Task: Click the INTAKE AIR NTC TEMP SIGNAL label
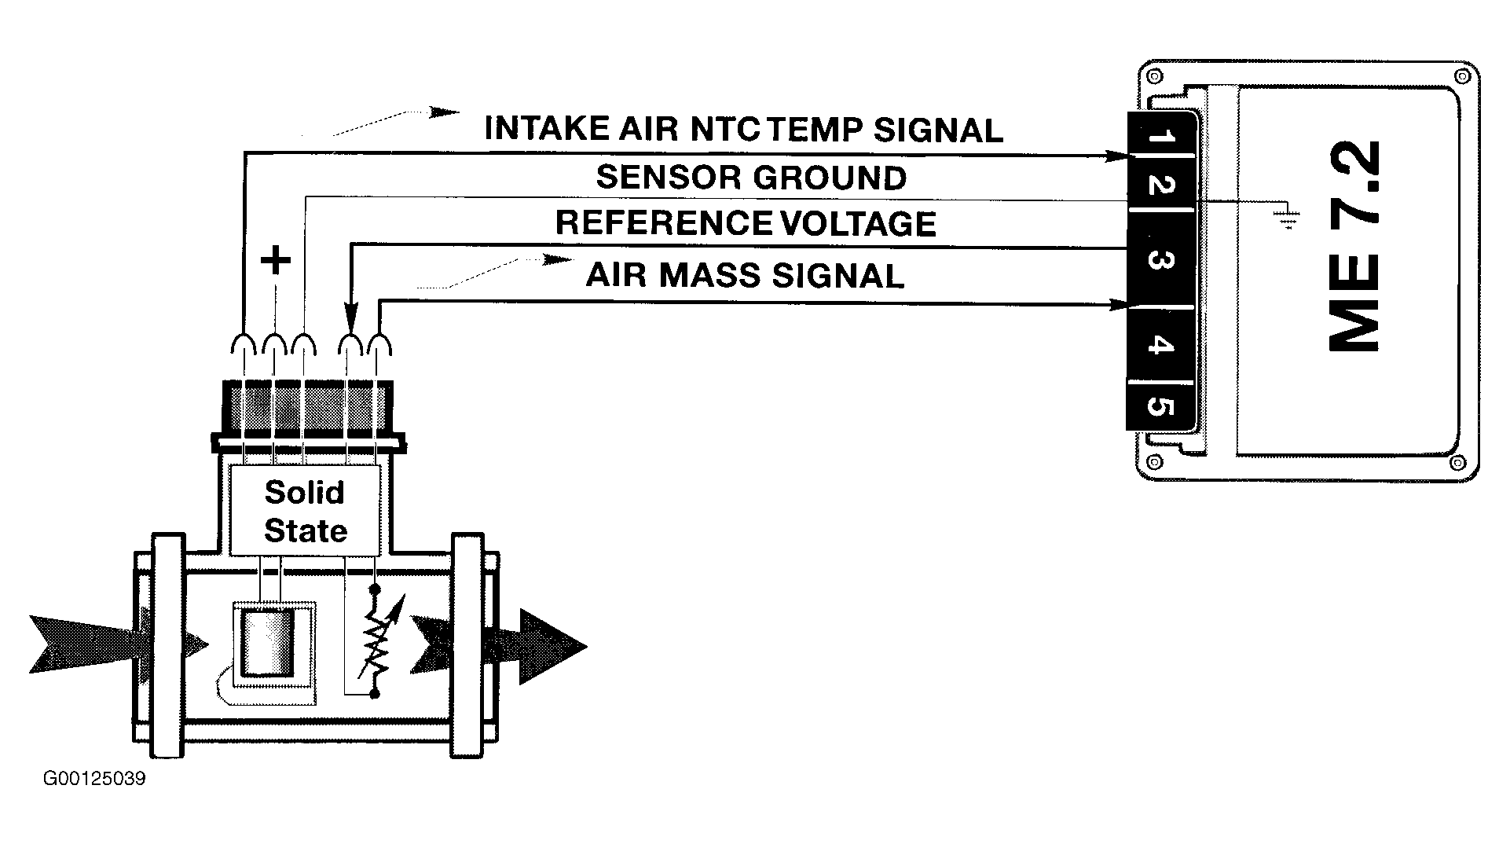click(744, 130)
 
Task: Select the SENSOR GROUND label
click(751, 178)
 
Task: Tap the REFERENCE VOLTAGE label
click(746, 223)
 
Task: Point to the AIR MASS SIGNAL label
click(745, 276)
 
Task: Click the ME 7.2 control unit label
click(1354, 247)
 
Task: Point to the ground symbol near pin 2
click(1286, 218)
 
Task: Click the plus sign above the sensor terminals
click(275, 260)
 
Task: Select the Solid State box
click(305, 510)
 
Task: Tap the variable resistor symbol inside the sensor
click(376, 642)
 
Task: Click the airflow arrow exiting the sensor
click(500, 646)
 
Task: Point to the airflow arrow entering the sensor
click(118, 644)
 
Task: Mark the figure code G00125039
click(94, 779)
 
